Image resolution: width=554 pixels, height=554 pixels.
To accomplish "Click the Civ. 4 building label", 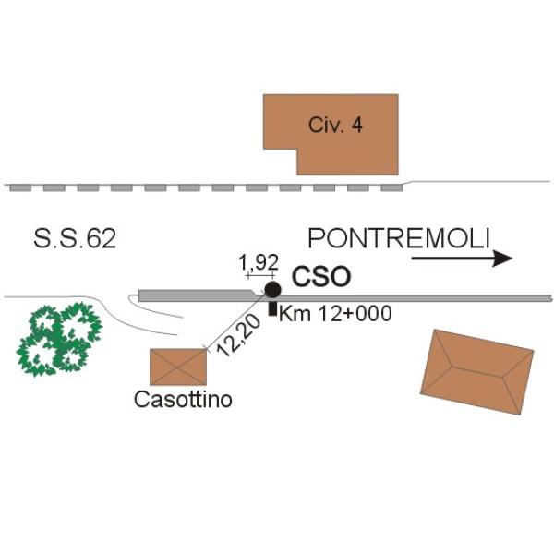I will tap(335, 126).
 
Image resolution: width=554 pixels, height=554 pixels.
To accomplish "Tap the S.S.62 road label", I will tap(75, 239).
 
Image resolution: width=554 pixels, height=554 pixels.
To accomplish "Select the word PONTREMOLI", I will tap(398, 239).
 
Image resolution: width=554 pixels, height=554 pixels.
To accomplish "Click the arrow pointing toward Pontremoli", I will tap(461, 259).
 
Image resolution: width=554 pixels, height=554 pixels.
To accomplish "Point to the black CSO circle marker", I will tap(272, 290).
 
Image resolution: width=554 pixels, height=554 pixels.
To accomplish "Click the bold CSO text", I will tap(321, 276).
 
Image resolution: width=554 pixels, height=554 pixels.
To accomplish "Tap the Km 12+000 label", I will tap(335, 314).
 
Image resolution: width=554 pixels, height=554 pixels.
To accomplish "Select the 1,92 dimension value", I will tap(258, 262).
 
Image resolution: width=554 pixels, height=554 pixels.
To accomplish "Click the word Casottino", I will tap(183, 400).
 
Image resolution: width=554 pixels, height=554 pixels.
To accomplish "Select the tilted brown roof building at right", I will tap(476, 373).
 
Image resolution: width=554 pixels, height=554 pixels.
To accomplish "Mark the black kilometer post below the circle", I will tap(271, 308).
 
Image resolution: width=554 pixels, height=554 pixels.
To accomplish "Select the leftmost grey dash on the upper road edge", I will tap(20, 187).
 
